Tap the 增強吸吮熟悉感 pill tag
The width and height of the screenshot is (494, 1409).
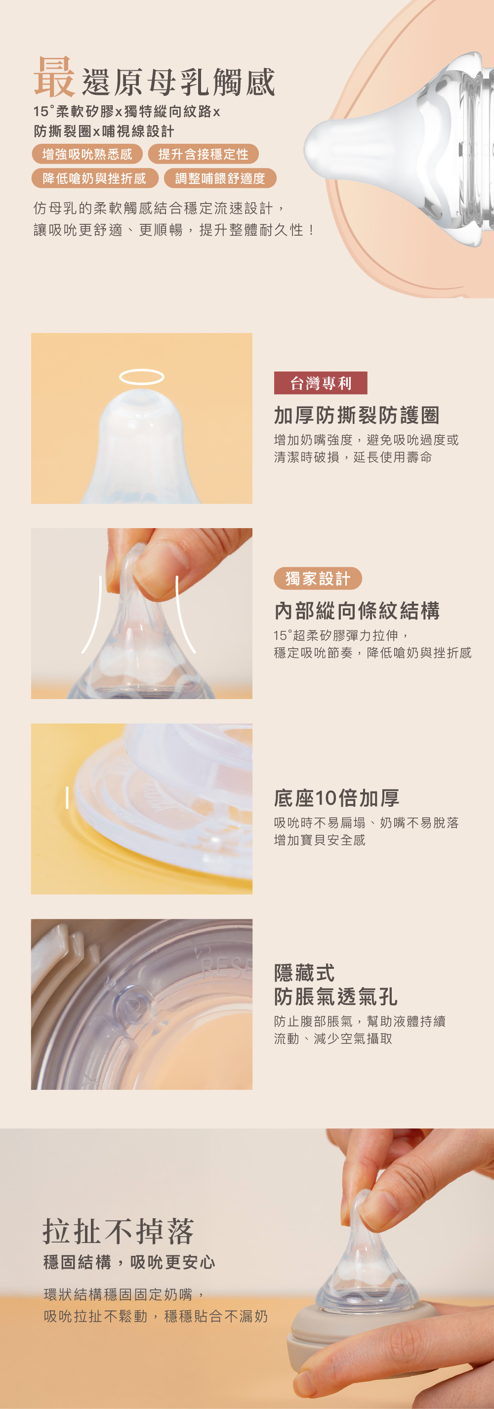click(x=87, y=154)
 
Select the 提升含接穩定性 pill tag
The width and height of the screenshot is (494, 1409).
click(x=204, y=154)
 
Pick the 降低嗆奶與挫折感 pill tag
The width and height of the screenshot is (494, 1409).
click(x=95, y=178)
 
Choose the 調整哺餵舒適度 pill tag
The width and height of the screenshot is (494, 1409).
click(x=220, y=178)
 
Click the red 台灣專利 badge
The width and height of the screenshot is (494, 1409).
click(x=321, y=383)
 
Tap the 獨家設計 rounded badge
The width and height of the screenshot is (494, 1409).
click(x=318, y=578)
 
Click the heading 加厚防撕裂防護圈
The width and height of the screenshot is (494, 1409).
click(x=357, y=415)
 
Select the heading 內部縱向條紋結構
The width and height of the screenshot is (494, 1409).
click(x=357, y=611)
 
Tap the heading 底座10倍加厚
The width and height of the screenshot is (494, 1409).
click(x=336, y=798)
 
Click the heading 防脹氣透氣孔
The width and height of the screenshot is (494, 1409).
click(x=335, y=996)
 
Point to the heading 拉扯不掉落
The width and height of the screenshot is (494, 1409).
click(x=118, y=1231)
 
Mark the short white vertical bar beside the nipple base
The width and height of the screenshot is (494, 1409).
click(x=67, y=797)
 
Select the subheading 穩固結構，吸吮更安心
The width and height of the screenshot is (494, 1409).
click(x=129, y=1262)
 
